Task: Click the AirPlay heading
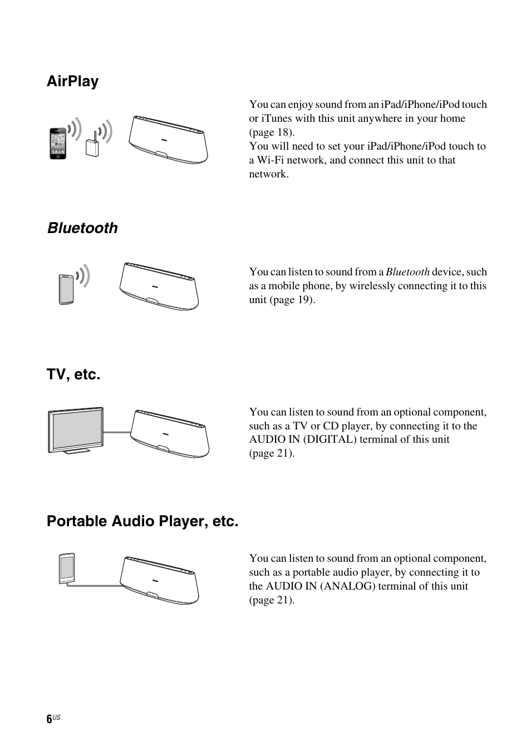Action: coord(72,81)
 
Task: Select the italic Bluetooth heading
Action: coord(82,228)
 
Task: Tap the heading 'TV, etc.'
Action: coord(73,374)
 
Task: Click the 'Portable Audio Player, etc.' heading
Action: coord(142,521)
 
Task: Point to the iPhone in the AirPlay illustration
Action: coord(57,144)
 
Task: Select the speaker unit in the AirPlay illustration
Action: coord(169,140)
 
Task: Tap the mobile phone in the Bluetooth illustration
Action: coord(66,289)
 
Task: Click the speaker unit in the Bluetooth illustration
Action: coord(159,286)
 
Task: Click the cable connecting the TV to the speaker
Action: coord(117,432)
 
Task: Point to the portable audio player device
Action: coord(66,568)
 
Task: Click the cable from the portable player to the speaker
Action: coord(95,585)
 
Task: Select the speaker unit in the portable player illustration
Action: coord(159,580)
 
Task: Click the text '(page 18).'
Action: coord(272,132)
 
